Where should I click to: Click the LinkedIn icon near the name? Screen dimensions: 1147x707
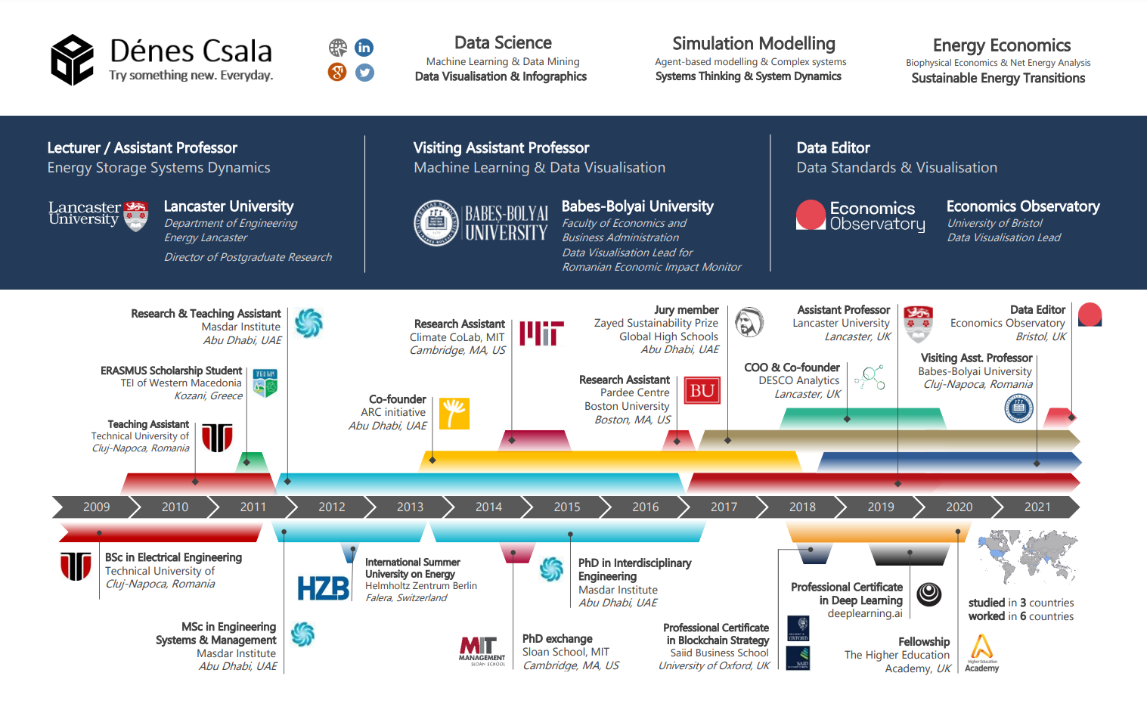tap(364, 48)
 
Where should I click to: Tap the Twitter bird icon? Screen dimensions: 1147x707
tap(364, 73)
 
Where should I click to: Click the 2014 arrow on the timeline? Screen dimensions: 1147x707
tap(488, 507)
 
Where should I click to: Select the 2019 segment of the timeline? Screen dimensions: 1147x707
tap(881, 507)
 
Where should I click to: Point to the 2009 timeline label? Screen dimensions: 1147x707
tap(96, 507)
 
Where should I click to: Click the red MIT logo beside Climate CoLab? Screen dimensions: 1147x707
tap(541, 333)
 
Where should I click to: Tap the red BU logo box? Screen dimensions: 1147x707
tap(702, 391)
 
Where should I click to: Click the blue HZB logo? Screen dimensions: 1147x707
tap(324, 588)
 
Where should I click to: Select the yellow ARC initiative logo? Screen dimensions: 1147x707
tap(454, 413)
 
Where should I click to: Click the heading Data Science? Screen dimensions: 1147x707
tap(503, 43)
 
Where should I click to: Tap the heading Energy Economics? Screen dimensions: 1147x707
tap(1001, 45)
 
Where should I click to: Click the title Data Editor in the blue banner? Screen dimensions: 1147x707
tap(833, 148)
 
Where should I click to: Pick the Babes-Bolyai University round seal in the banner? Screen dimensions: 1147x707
tap(436, 223)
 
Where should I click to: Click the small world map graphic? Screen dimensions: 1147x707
tap(1027, 556)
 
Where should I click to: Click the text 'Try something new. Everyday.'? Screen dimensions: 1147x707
tap(191, 75)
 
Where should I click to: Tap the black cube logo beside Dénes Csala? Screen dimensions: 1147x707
tap(72, 60)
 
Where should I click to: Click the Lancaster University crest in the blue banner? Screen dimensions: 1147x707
tap(136, 216)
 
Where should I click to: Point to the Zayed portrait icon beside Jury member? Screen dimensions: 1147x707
tap(749, 322)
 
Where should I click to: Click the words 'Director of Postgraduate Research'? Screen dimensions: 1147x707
tap(248, 257)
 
